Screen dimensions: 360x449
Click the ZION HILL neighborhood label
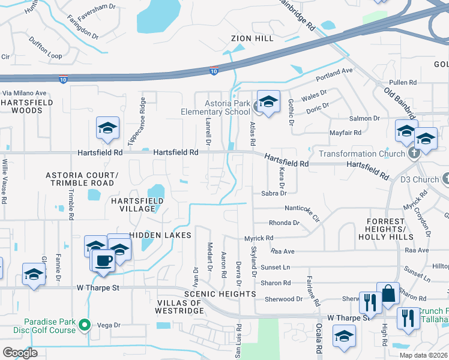[252, 38]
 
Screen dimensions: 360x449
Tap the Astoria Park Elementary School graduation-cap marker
[268, 101]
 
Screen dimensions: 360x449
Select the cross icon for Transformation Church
[413, 154]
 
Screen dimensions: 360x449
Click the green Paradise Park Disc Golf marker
[85, 325]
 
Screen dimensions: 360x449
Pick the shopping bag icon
[388, 294]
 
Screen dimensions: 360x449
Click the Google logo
[20, 352]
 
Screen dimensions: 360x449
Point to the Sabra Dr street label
[274, 193]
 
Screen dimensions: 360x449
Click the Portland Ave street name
[335, 71]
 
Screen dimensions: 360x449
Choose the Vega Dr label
[109, 325]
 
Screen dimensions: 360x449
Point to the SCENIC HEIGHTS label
[220, 294]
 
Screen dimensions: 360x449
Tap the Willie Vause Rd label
[4, 179]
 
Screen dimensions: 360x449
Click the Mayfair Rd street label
[345, 133]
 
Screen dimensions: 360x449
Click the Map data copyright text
[423, 355]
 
